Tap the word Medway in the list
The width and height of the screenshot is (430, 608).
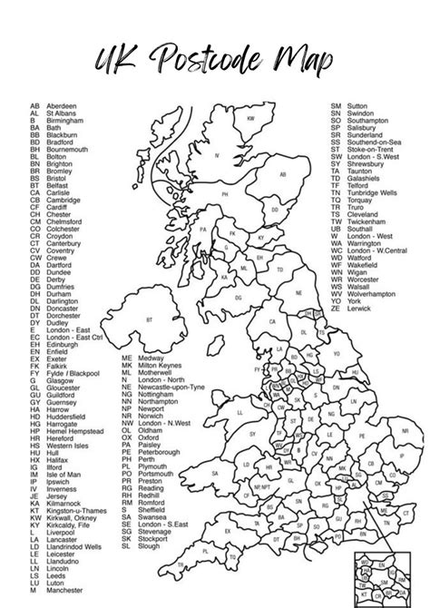(150, 358)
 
